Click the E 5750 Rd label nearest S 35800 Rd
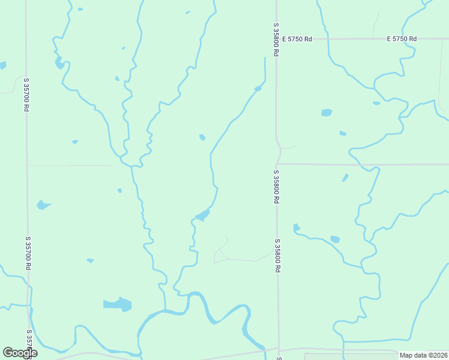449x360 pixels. point(300,39)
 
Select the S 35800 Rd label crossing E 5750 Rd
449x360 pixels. point(276,40)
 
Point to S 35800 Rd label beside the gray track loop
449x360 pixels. point(277,256)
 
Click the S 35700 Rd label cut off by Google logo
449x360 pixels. point(29,340)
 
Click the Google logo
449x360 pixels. point(20,353)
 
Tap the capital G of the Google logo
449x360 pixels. point(7,353)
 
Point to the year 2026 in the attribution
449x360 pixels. point(438,355)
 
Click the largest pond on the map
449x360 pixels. point(118,304)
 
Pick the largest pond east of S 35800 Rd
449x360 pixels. point(326,112)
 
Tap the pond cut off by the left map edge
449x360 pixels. point(2,65)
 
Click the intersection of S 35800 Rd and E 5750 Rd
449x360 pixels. point(277,39)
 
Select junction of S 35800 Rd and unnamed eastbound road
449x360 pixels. point(278,163)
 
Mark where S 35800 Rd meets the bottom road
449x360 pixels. point(279,349)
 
